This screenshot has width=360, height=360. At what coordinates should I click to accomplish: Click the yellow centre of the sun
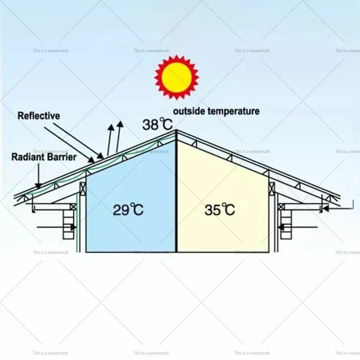coord(176,77)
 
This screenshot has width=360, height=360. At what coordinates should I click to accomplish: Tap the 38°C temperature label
coord(157,124)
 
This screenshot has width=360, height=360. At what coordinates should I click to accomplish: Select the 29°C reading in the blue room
coord(128,209)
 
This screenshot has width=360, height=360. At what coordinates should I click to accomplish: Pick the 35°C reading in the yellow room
coord(220,209)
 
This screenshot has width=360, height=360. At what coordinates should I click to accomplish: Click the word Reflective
coord(39,116)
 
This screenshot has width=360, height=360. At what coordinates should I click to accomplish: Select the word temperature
coord(234,111)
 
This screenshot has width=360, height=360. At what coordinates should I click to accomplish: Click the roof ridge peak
coord(176,130)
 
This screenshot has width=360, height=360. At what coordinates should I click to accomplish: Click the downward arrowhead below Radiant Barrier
coord(39,185)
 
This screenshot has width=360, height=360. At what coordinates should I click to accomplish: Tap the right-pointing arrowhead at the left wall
coord(74,227)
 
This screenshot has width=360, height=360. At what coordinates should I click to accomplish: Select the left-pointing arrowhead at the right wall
coord(281,227)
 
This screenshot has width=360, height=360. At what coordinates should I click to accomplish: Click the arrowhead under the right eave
coord(325,208)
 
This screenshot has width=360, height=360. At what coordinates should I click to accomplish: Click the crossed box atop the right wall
coord(272,189)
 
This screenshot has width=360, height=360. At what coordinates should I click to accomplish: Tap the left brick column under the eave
coord(68,225)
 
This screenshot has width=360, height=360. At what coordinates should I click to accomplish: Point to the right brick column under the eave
coord(286,225)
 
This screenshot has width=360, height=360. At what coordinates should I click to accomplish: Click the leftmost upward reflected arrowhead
coord(111,128)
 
